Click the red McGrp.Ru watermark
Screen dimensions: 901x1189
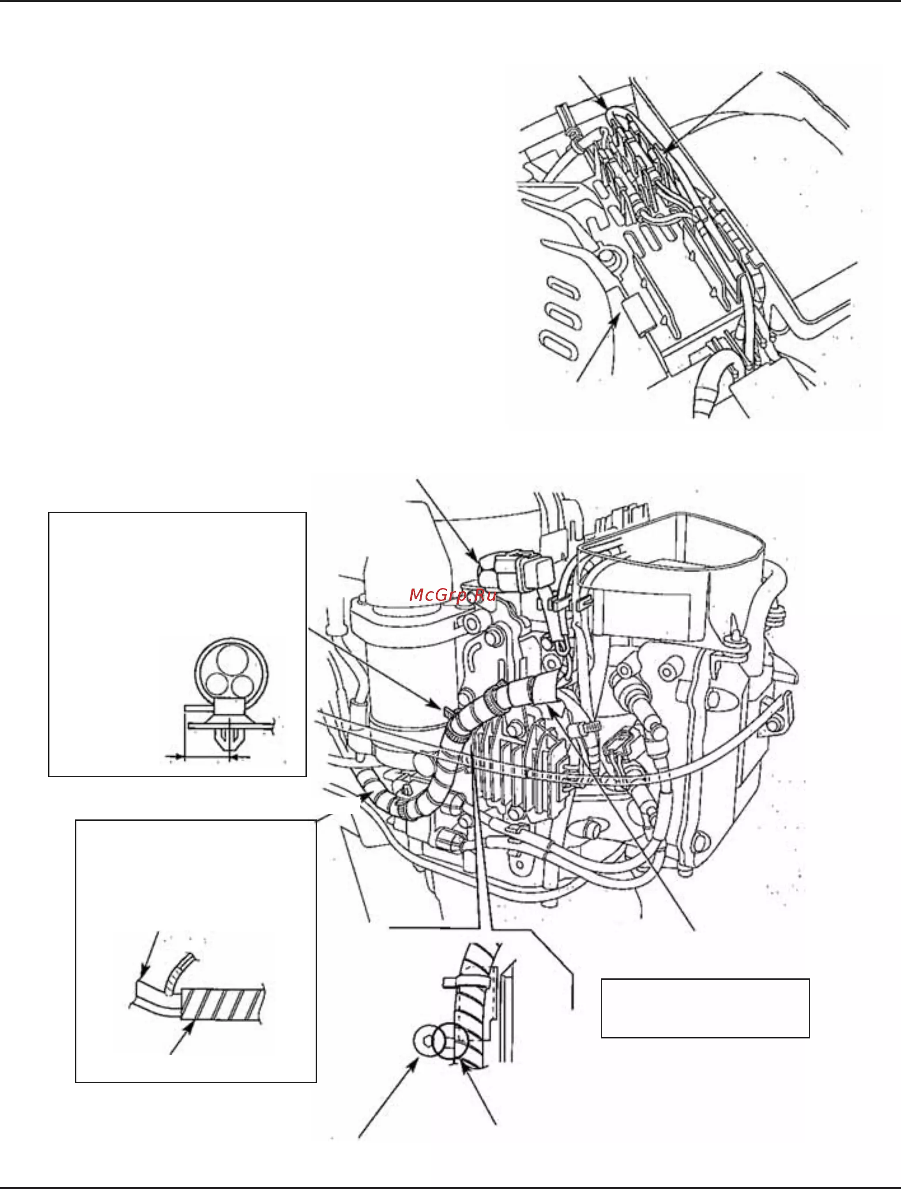pos(452,596)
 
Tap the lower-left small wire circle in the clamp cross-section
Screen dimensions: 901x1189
pos(218,686)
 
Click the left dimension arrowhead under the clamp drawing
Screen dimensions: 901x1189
pos(175,757)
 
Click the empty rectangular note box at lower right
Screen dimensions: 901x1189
pos(705,1008)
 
